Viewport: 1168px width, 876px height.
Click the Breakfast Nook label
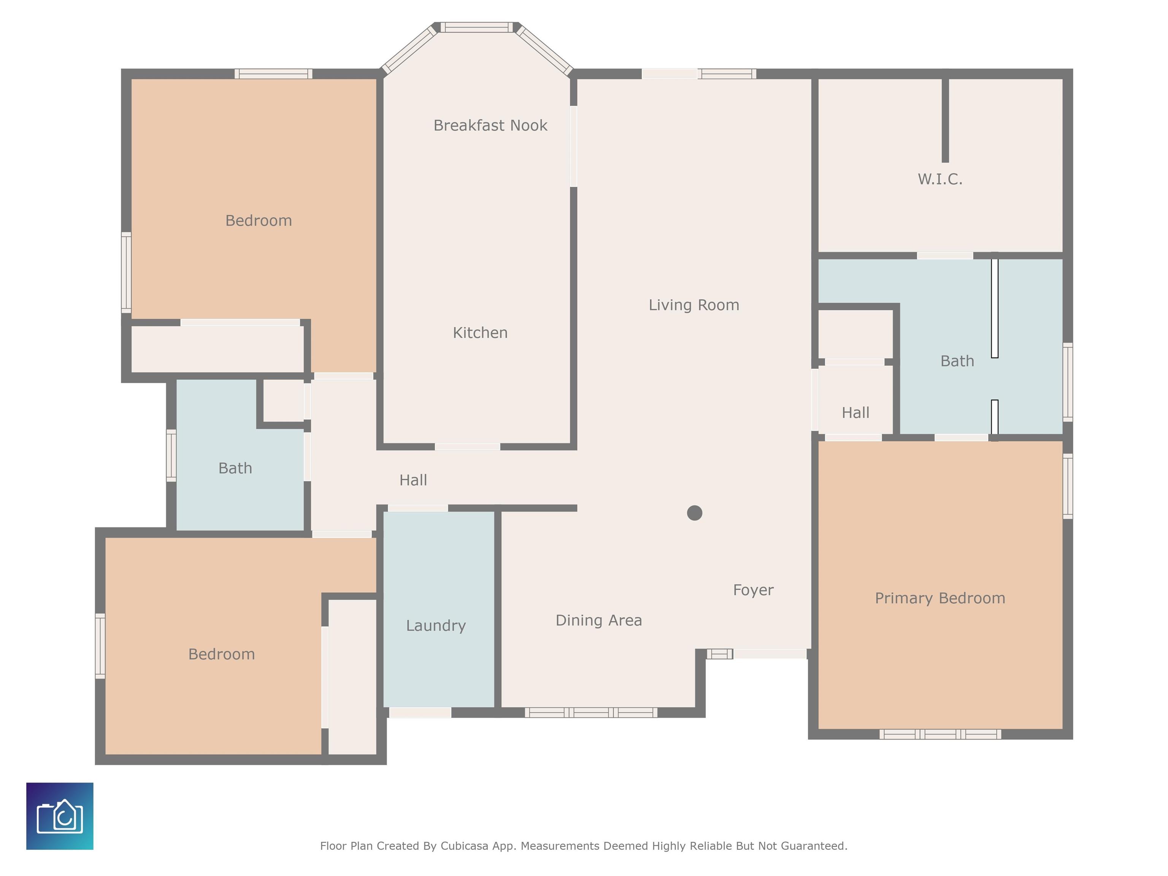tap(490, 126)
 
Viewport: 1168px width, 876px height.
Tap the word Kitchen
tap(480, 333)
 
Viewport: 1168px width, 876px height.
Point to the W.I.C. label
tap(940, 179)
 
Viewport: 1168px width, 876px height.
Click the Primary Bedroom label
tap(940, 598)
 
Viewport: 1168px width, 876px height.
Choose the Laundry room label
tap(436, 626)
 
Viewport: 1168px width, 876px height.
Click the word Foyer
tap(753, 590)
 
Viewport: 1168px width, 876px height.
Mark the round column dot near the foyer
tap(694, 513)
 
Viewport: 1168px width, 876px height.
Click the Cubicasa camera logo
tap(60, 816)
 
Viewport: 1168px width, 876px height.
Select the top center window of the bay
tap(477, 27)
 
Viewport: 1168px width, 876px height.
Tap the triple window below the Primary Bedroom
tap(940, 734)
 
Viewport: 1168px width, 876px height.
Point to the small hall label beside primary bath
tap(855, 413)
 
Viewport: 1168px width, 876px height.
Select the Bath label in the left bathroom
tap(235, 468)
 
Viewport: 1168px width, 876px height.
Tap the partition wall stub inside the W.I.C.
tap(945, 121)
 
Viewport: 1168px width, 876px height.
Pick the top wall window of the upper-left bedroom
tap(273, 74)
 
